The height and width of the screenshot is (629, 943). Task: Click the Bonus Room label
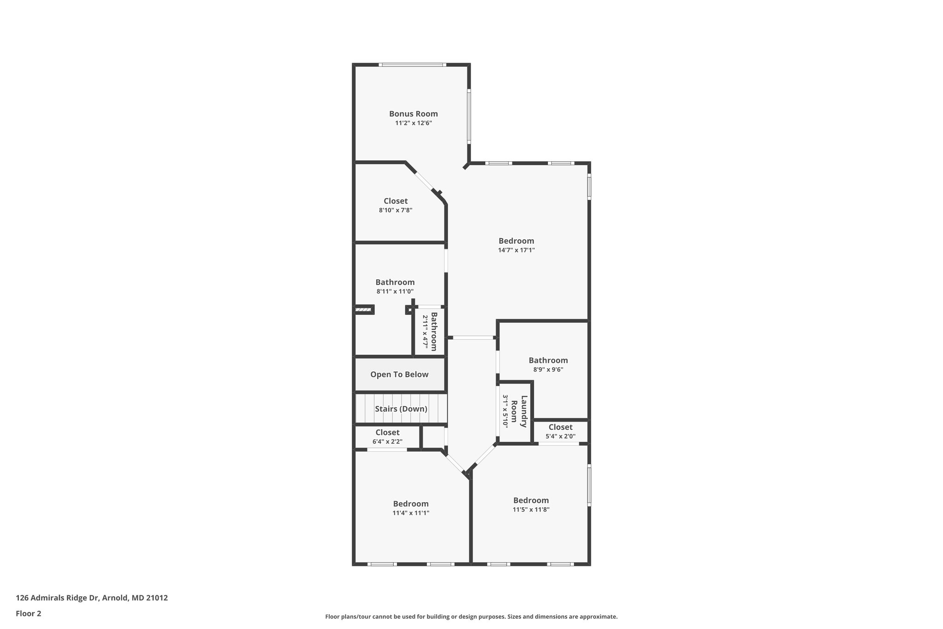coord(413,114)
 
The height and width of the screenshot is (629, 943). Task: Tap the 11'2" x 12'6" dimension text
coord(413,123)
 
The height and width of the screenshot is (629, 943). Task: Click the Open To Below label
coord(399,375)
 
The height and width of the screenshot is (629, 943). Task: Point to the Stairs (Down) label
coord(401,409)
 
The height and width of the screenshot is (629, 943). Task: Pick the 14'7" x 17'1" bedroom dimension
coord(516,250)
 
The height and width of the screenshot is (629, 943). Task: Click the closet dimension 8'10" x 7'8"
coord(395,210)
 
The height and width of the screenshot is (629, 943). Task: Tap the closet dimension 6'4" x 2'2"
coord(387,441)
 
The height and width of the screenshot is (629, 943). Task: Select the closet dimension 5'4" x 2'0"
coord(560,436)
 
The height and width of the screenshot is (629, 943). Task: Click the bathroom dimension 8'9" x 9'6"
coord(548,370)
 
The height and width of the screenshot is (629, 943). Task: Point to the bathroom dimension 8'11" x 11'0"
coord(395,292)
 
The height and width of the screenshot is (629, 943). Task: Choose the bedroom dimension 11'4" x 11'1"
coord(411,513)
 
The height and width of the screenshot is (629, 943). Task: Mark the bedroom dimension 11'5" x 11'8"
coord(531,510)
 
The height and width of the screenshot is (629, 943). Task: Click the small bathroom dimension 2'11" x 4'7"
coord(425,331)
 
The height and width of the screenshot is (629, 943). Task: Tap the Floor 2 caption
coord(29,613)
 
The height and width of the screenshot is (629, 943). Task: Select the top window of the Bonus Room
coord(413,65)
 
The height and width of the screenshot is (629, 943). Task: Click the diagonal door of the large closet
coord(424,182)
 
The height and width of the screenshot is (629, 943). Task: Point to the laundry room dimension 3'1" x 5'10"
coord(505,411)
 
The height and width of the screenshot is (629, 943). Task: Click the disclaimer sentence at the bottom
coord(471,617)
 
